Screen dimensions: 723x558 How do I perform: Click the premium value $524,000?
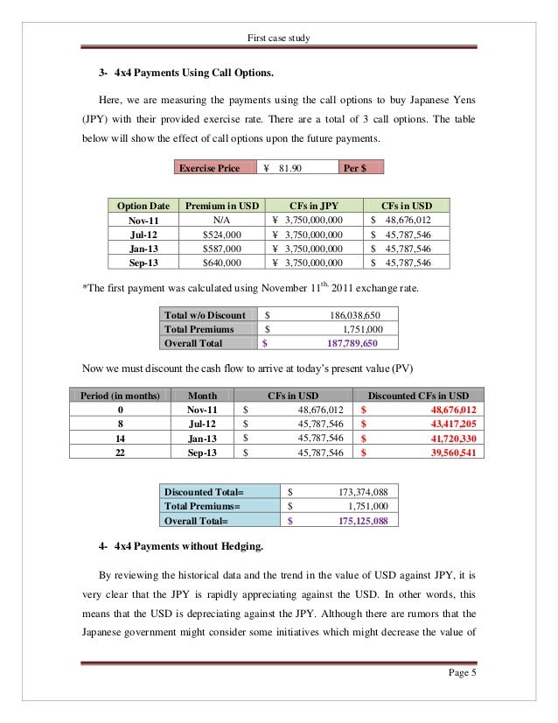click(220, 235)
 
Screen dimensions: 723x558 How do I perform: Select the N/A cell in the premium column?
click(220, 221)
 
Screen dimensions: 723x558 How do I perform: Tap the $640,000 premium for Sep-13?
click(220, 263)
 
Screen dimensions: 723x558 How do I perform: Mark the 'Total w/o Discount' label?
click(205, 315)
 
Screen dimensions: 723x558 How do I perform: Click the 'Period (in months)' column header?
click(120, 396)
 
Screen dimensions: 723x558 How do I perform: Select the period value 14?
click(120, 438)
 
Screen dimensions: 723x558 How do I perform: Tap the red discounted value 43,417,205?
click(442, 424)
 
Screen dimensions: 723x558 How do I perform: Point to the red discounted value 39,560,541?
click(442, 452)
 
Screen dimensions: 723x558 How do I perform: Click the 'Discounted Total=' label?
click(204, 492)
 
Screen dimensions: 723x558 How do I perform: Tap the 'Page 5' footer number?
click(458, 674)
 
